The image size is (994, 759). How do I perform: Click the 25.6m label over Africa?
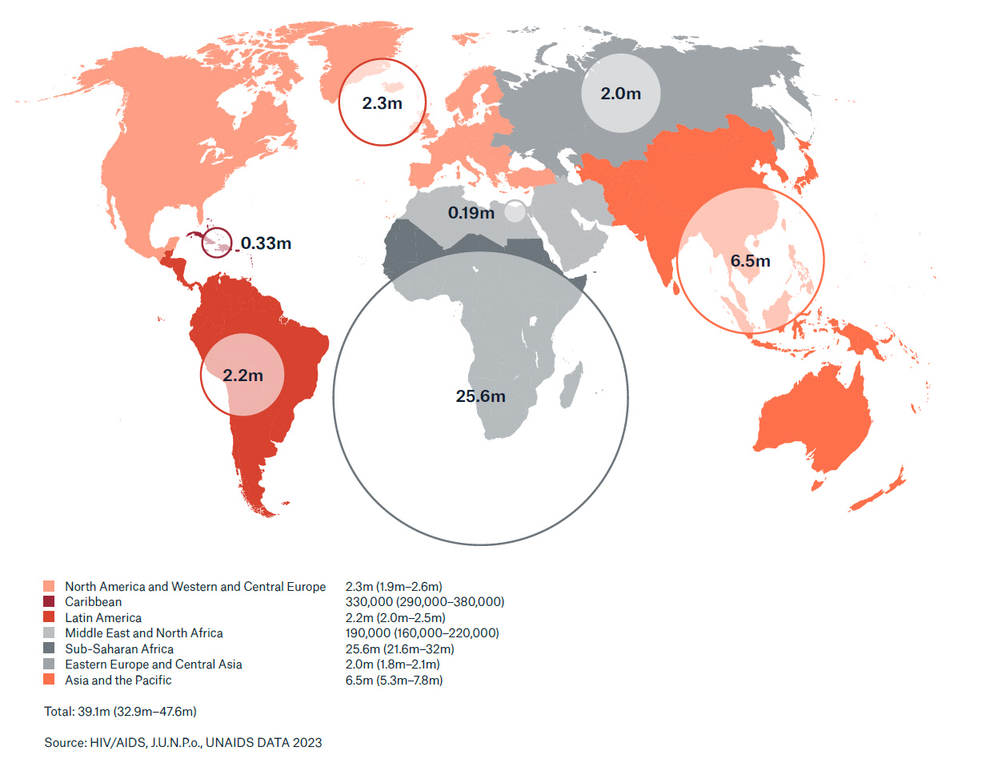tap(480, 396)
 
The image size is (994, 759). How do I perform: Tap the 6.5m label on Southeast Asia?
tap(750, 261)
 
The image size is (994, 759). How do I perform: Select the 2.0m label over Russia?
tap(621, 94)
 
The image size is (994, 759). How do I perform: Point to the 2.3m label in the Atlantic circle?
tap(382, 103)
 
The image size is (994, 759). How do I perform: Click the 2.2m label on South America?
tap(242, 374)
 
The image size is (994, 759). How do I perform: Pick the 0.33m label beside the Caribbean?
tap(266, 243)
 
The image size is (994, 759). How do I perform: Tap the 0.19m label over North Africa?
tap(471, 213)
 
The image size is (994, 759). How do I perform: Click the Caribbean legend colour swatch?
tap(50, 602)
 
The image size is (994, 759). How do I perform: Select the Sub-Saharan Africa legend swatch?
tap(50, 649)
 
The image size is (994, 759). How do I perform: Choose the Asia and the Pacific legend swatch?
tap(50, 681)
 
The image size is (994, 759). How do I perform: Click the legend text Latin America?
tap(103, 618)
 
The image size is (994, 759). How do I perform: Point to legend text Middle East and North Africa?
tap(144, 633)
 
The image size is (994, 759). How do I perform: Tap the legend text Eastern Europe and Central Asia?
tap(153, 665)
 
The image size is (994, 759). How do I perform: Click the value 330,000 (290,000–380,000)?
tap(424, 602)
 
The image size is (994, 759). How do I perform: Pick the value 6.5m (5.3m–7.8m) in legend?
tap(394, 681)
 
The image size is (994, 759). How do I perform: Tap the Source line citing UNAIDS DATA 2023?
tap(183, 743)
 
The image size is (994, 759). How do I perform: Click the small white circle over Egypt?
tap(515, 212)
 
